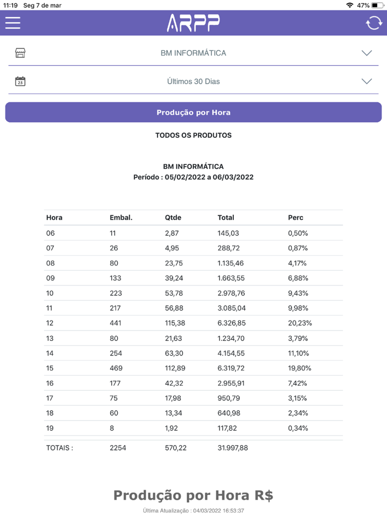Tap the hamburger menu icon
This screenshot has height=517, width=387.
[x=13, y=23]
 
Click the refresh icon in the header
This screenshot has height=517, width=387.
[x=374, y=23]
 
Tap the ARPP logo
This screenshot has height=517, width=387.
[x=193, y=23]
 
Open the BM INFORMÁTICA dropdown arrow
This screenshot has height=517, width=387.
[x=367, y=53]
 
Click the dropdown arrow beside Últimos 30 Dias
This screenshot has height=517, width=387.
[x=367, y=81]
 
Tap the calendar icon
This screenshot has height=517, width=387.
[x=20, y=81]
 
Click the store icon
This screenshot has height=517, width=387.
[x=20, y=53]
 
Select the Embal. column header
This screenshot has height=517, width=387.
[x=121, y=218]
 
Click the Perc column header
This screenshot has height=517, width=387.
[x=296, y=218]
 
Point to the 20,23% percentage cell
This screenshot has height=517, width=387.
[x=300, y=323]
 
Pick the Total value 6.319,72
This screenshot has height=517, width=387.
[x=233, y=368]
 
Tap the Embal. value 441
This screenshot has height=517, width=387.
[x=116, y=323]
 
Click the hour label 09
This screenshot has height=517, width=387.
[x=50, y=278]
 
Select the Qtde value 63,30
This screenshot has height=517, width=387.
[x=174, y=353]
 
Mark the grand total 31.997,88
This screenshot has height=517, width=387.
[x=233, y=448]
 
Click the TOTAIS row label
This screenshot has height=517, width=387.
[x=59, y=448]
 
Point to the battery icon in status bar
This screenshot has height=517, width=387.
[x=378, y=6]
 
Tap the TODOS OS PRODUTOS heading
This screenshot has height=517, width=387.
[x=193, y=135]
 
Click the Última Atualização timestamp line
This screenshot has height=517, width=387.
[x=193, y=510]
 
